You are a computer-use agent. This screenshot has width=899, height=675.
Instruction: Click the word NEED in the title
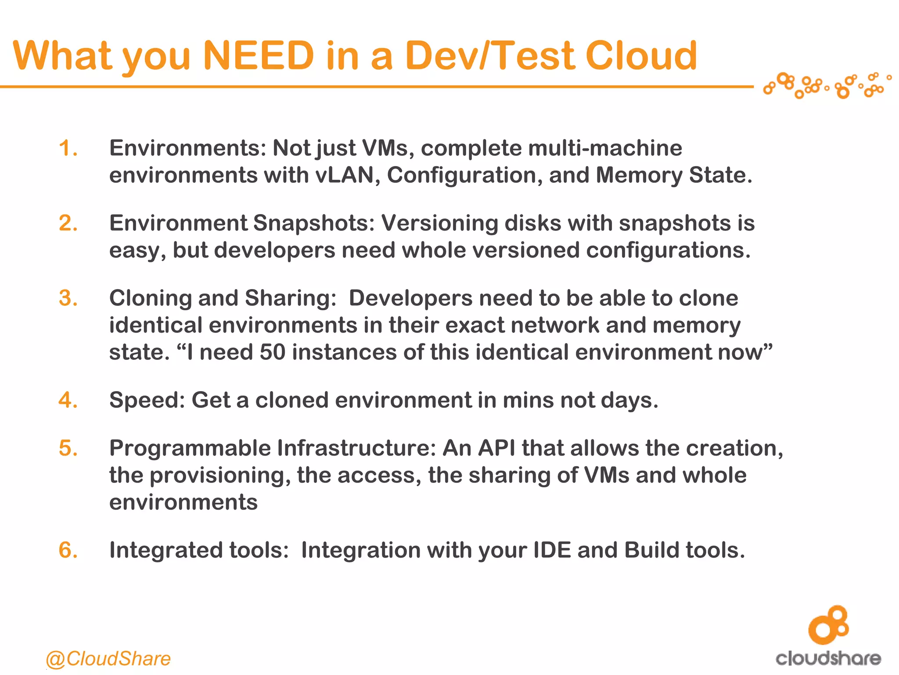click(x=259, y=56)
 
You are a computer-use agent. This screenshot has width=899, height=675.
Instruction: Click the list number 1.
click(x=68, y=148)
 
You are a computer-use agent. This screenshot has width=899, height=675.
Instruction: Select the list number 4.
click(x=68, y=400)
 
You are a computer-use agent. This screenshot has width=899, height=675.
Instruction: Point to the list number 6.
click(x=68, y=550)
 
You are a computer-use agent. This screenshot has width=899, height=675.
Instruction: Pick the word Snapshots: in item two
click(x=314, y=223)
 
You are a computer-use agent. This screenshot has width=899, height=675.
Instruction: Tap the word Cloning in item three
click(x=150, y=298)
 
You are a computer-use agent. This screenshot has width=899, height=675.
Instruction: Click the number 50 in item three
click(x=273, y=352)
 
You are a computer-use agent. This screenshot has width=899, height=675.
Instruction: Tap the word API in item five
click(x=496, y=449)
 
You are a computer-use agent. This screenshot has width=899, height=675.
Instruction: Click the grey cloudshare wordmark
click(x=828, y=658)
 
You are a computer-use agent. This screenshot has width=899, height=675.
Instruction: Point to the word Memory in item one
click(x=639, y=175)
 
